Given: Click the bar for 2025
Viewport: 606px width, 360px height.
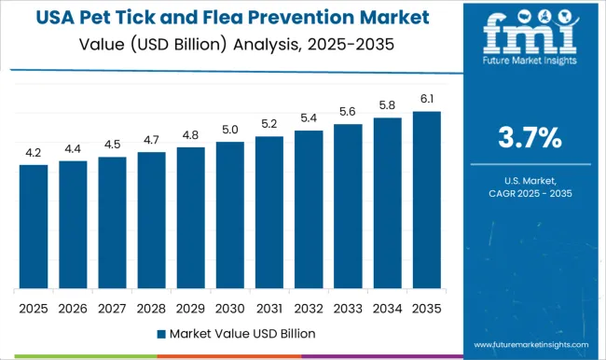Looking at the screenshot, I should pyautogui.click(x=34, y=227).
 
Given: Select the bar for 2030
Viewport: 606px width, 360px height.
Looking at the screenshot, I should pyautogui.click(x=229, y=215).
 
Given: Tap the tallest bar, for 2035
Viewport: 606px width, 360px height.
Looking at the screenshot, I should pyautogui.click(x=425, y=200).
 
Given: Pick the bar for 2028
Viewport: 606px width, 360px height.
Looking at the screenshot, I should pyautogui.click(x=151, y=220).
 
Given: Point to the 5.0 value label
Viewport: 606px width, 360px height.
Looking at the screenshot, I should pyautogui.click(x=229, y=130).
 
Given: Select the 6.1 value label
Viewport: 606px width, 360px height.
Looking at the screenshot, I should pyautogui.click(x=425, y=100).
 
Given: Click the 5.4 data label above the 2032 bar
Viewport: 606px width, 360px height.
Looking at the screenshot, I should pyautogui.click(x=308, y=118).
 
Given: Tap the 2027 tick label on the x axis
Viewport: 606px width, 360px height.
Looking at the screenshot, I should pyautogui.click(x=112, y=307).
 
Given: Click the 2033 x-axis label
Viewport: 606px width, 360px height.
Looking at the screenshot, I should pyautogui.click(x=347, y=307).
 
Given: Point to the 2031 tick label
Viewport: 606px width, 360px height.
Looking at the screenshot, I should pyautogui.click(x=269, y=307).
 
